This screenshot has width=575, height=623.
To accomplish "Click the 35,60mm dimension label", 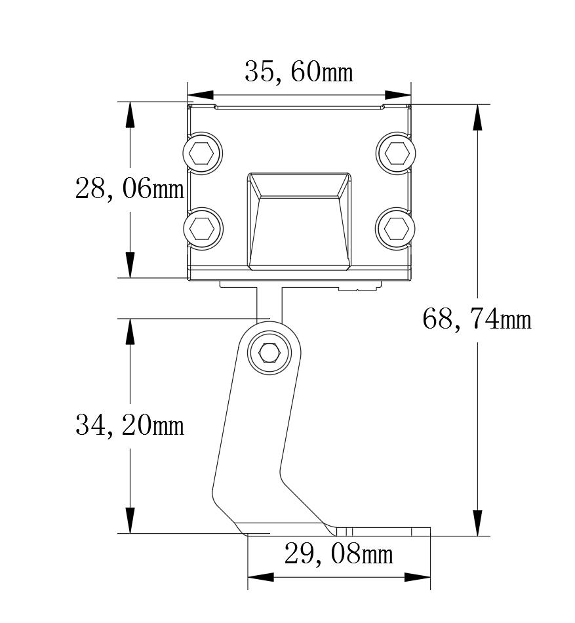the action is click(x=298, y=72).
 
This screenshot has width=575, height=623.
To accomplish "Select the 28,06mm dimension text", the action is click(x=129, y=188).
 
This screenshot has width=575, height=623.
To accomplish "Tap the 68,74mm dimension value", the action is click(x=477, y=319).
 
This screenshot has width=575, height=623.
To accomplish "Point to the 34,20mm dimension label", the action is click(x=129, y=425).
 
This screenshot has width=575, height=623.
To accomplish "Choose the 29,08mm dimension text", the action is click(x=339, y=554).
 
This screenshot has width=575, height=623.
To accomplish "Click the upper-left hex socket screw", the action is click(x=203, y=153).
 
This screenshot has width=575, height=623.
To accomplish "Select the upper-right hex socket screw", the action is click(x=395, y=153).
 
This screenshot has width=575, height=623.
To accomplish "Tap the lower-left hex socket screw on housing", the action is click(x=203, y=228).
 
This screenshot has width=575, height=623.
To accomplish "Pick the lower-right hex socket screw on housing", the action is click(x=395, y=228).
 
